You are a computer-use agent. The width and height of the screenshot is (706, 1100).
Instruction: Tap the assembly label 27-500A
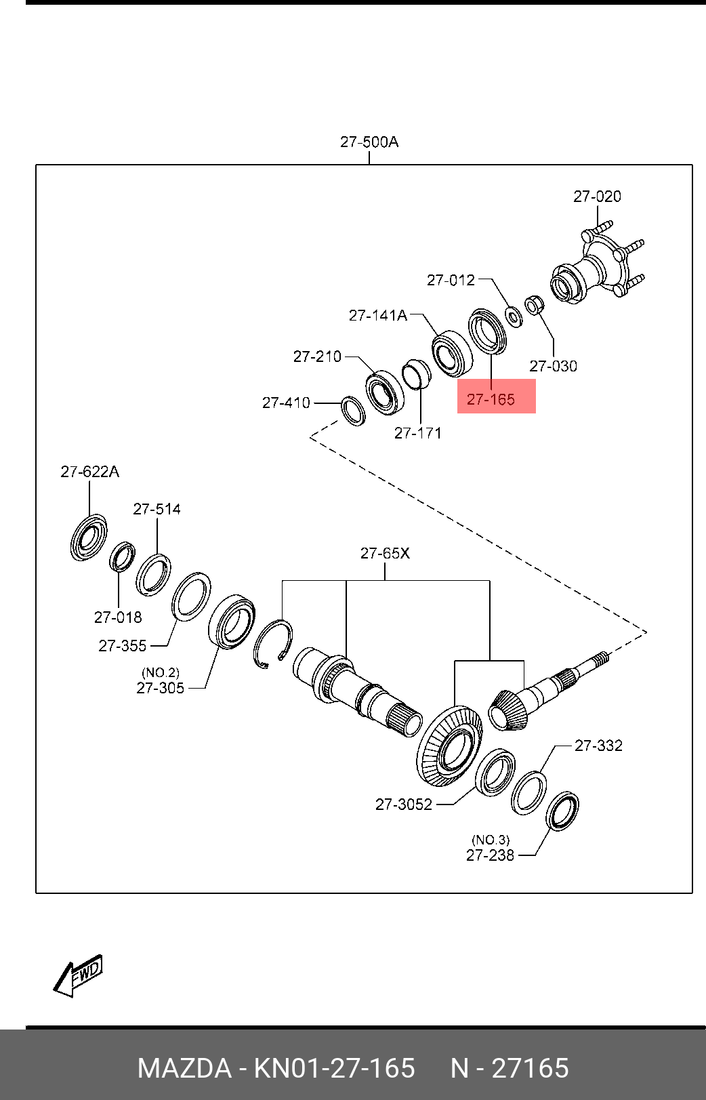coord(369,142)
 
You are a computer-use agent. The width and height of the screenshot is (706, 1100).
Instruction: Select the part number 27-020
coord(597,197)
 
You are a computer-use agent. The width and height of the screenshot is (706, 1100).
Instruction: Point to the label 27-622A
coord(89,472)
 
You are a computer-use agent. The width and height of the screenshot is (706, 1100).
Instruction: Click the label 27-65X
coord(385,553)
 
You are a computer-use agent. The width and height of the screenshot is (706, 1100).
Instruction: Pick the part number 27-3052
coord(404,804)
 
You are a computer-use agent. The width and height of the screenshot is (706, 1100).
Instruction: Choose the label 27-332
coord(598,746)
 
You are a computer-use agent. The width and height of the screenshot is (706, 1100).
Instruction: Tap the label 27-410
coord(286,403)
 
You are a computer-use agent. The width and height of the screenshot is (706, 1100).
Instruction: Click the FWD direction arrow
coord(78,976)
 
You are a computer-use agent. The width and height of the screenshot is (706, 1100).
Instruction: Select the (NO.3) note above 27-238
coord(491,840)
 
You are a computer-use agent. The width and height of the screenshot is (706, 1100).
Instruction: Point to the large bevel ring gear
coord(449,746)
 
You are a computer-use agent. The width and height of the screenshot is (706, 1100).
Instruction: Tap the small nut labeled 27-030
coord(534,304)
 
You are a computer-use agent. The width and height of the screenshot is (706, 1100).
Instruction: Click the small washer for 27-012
coord(514,315)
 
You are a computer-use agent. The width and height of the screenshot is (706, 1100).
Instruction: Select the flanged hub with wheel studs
coord(596,268)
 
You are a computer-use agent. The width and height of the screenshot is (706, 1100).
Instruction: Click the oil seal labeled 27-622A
coord(88,537)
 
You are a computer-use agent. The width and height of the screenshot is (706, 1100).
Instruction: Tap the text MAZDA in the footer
coord(184,1069)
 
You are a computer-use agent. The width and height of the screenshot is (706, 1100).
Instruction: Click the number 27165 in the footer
coord(530,1069)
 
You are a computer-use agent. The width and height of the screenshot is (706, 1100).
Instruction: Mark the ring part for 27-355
coord(190,596)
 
